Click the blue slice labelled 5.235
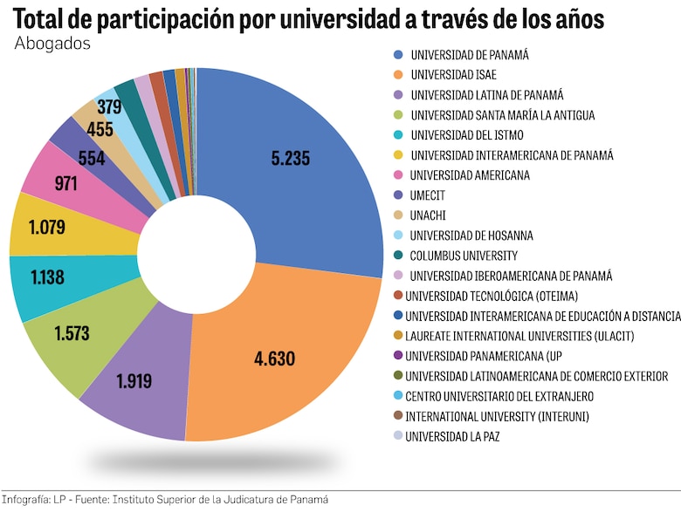[291, 159]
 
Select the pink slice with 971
[65, 184]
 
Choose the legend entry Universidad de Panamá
[470, 55]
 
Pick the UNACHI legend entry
[430, 215]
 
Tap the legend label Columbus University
[464, 256]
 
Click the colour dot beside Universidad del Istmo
[398, 135]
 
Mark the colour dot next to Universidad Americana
[398, 175]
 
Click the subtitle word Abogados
[53, 44]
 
